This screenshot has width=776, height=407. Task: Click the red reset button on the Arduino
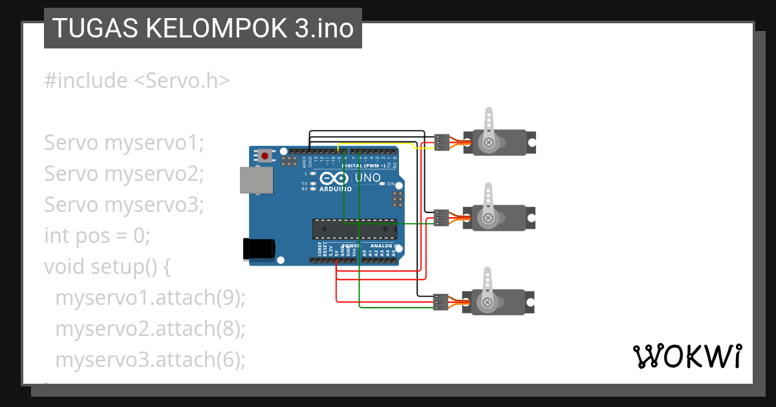click(264, 155)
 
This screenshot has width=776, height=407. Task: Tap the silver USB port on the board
click(256, 180)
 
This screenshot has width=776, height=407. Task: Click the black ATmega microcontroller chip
click(354, 228)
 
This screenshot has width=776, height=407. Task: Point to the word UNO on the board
click(370, 177)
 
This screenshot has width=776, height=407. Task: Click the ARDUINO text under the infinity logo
click(335, 189)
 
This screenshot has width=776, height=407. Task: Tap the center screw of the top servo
click(489, 142)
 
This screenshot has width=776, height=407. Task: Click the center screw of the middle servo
click(489, 218)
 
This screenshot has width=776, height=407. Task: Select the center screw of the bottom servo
click(489, 302)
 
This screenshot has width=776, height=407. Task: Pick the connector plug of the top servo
click(442, 142)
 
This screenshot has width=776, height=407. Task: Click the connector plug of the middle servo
click(442, 218)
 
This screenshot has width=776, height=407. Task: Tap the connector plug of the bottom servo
click(442, 302)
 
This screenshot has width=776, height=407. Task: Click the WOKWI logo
click(687, 356)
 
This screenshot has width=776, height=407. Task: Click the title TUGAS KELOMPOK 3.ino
click(202, 28)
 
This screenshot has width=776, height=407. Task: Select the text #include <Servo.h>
click(136, 81)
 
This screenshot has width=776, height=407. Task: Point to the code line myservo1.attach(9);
click(150, 298)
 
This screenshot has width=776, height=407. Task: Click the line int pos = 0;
click(96, 235)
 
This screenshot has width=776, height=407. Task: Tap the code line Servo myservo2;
click(124, 173)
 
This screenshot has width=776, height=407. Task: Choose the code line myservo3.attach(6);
click(150, 359)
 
